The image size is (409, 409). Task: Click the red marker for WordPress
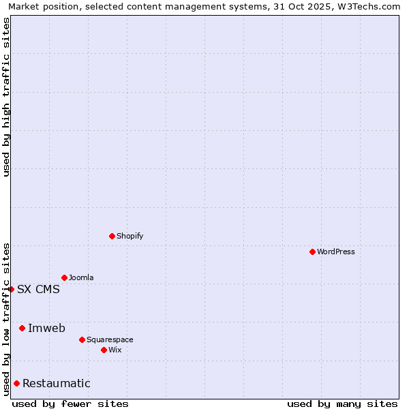312,252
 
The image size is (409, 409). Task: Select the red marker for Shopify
112,236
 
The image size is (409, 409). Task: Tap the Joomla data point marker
64,277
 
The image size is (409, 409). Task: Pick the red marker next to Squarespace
82,339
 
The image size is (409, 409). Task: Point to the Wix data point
104,350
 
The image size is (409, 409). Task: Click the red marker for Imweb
22,328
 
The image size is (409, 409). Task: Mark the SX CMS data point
11,289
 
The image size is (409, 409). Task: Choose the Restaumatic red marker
16,383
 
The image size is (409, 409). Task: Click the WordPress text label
336,252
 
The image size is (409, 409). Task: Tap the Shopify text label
130,236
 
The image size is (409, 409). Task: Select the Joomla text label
81,277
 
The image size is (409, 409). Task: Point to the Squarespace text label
110,339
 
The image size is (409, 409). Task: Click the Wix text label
115,350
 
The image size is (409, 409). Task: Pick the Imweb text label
46,328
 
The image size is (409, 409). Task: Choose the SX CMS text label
38,289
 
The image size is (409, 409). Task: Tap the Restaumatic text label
56,383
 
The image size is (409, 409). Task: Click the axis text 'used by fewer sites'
70,404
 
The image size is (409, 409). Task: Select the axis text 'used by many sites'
342,404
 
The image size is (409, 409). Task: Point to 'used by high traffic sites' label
6,97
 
